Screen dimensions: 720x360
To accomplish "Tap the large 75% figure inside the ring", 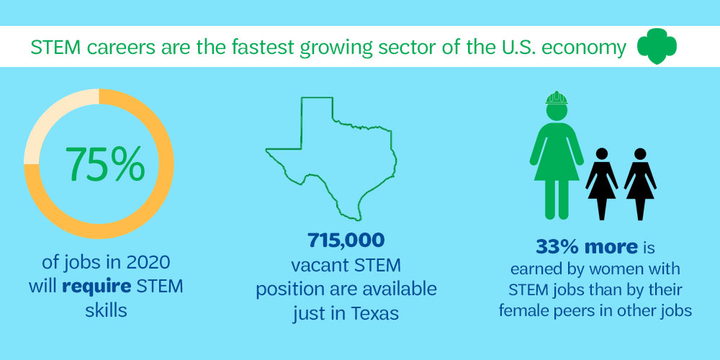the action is pyautogui.click(x=104, y=164).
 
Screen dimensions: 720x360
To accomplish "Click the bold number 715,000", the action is pyautogui.click(x=346, y=240).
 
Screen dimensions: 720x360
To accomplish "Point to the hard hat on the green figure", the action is pyautogui.click(x=557, y=98).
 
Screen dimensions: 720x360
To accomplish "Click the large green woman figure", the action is pyautogui.click(x=557, y=156).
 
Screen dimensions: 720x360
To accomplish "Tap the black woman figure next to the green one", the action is pyautogui.click(x=601, y=184).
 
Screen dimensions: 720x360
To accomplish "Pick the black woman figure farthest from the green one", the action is pyautogui.click(x=640, y=184).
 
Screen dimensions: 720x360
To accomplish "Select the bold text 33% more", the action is pyautogui.click(x=587, y=247).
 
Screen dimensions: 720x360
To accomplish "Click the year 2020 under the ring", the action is pyautogui.click(x=148, y=263).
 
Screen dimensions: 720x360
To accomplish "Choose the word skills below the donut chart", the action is pyautogui.click(x=106, y=310).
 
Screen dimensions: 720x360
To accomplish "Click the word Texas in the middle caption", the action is pyautogui.click(x=375, y=314).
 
